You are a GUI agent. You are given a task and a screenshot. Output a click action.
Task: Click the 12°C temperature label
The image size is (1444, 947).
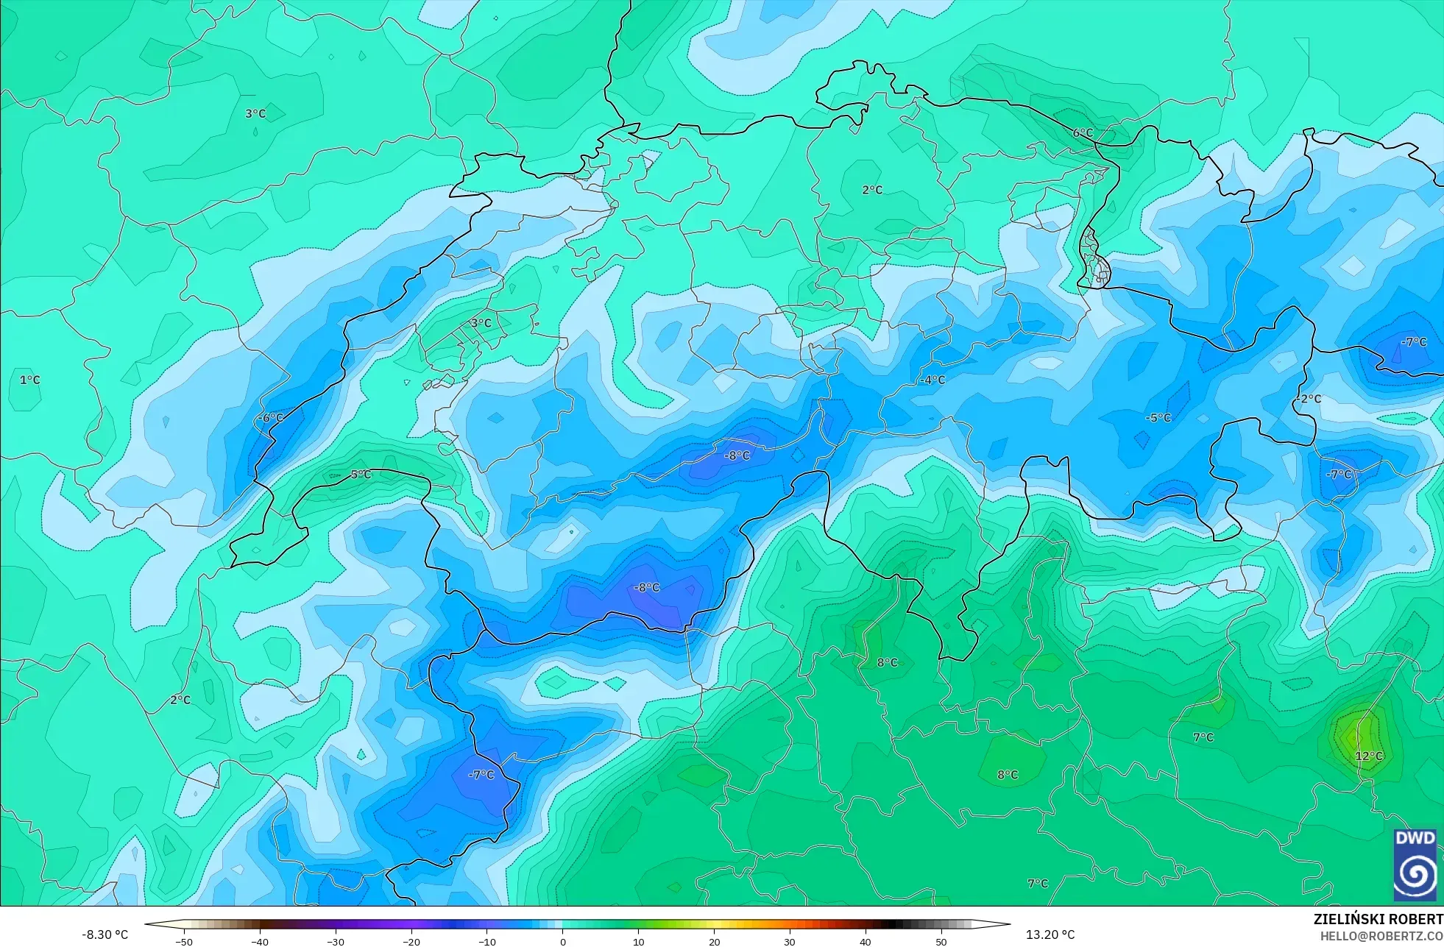click(x=1369, y=756)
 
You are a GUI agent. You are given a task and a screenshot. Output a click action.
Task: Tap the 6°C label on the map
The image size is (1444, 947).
click(x=1083, y=133)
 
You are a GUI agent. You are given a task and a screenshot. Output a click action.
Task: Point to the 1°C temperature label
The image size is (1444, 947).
click(x=30, y=380)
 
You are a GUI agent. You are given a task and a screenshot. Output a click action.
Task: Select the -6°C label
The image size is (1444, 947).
click(x=270, y=418)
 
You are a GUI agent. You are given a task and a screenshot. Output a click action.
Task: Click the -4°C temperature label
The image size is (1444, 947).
click(x=932, y=380)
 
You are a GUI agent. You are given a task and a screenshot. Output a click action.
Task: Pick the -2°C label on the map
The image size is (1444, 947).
click(x=1309, y=399)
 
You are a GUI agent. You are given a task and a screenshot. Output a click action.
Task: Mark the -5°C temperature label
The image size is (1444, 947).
click(x=1158, y=418)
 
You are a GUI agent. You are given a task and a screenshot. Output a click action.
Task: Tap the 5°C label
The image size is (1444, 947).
click(x=361, y=475)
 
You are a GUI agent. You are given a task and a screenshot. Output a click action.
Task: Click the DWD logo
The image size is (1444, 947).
click(x=1415, y=865)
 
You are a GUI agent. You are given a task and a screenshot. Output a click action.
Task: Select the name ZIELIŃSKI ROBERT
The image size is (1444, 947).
click(x=1378, y=919)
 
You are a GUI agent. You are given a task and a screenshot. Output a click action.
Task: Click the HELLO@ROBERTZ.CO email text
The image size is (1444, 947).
click(x=1381, y=937)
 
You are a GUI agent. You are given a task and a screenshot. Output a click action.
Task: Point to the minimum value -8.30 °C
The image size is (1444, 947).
click(x=105, y=934)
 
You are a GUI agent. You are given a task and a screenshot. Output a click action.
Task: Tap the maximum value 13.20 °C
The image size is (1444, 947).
click(x=1050, y=934)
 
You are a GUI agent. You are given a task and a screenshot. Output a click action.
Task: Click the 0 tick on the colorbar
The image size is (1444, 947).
click(x=563, y=942)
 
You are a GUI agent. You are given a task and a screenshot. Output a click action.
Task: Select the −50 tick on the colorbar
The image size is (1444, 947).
click(x=183, y=942)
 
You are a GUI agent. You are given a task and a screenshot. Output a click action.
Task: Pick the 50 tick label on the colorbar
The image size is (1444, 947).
click(x=941, y=942)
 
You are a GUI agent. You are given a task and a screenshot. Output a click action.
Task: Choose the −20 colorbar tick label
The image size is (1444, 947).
click(x=411, y=942)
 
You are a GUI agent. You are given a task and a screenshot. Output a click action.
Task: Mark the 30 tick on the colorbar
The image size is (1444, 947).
click(x=790, y=942)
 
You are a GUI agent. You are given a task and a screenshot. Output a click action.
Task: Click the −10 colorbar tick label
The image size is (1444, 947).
click(x=486, y=942)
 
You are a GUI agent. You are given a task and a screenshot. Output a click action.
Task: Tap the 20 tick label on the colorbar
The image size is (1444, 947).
click(x=714, y=942)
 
